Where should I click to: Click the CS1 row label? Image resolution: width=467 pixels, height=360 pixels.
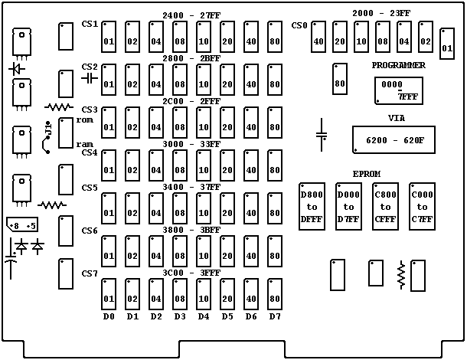click(90, 25)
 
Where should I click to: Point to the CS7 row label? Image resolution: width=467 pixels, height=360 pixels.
click(90, 273)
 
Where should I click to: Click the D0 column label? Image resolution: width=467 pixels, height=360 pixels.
click(109, 316)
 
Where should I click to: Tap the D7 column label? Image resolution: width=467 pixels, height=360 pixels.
click(275, 316)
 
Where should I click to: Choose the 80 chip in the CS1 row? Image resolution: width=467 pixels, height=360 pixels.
click(275, 36)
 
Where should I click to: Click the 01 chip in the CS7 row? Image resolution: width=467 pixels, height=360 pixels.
click(109, 293)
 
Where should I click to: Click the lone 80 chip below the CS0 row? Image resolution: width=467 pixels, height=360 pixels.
click(338, 77)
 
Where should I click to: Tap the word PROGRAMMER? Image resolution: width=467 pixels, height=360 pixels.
click(398, 66)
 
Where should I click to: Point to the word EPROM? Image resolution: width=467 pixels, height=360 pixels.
click(367, 174)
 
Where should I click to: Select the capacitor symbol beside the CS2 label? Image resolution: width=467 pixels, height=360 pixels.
click(90, 77)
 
